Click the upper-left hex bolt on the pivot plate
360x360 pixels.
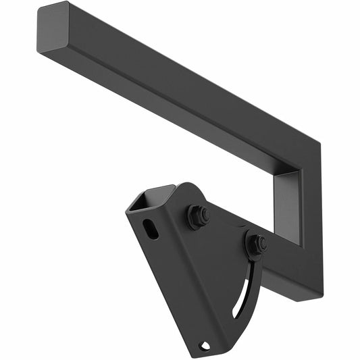(x=197, y=217)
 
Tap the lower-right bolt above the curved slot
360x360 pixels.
(x=255, y=244)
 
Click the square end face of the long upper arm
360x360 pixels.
(x=53, y=28)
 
